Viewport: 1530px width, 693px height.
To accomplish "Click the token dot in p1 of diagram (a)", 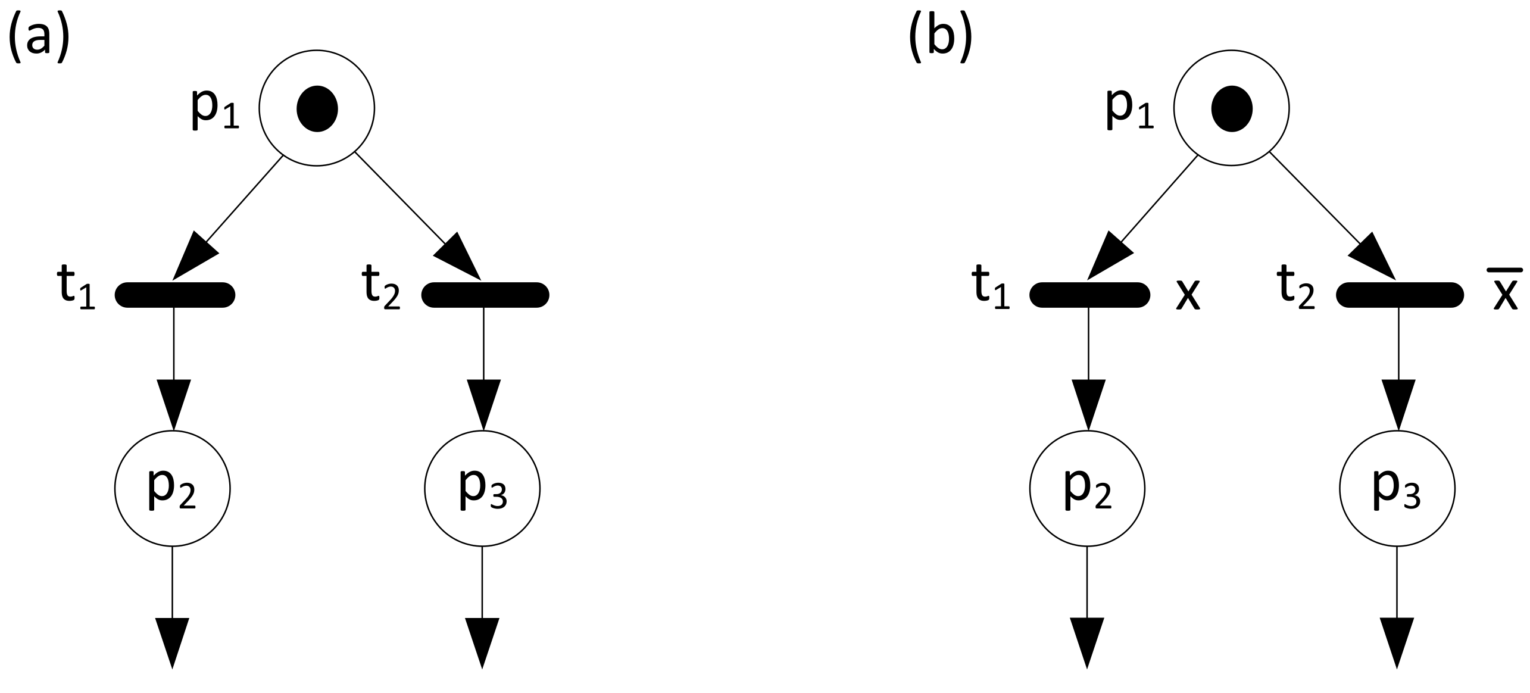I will pyautogui.click(x=317, y=108).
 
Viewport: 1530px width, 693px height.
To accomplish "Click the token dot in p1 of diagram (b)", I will pyautogui.click(x=1232, y=108).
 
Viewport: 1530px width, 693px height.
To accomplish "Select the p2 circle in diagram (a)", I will pyautogui.click(x=172, y=489).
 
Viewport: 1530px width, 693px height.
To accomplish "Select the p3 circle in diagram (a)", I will pyautogui.click(x=482, y=489).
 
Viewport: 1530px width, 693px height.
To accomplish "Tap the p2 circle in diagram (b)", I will pyautogui.click(x=1087, y=489).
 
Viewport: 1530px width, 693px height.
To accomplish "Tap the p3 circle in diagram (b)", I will pyautogui.click(x=1397, y=489).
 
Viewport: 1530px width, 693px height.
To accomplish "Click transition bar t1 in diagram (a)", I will pyautogui.click(x=174, y=295).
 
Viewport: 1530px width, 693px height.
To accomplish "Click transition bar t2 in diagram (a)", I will pyautogui.click(x=485, y=295).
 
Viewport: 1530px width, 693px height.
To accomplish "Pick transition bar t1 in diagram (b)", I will pyautogui.click(x=1089, y=295).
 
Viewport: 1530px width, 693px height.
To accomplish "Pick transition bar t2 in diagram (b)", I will pyautogui.click(x=1400, y=295).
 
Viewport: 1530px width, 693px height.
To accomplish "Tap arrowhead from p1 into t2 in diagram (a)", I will pyautogui.click(x=460, y=256).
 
